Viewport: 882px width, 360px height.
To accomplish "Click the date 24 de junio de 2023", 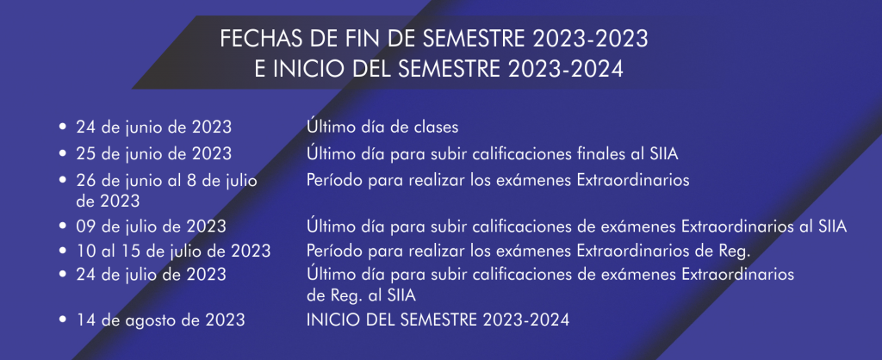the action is click(153, 127).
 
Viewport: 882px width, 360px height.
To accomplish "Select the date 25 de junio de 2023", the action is click(153, 153).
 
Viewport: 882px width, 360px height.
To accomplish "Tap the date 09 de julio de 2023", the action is click(152, 227).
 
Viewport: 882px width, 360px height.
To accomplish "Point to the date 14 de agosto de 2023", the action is click(161, 320).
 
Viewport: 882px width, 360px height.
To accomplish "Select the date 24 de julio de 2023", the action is click(152, 275).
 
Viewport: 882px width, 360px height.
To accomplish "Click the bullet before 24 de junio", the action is click(63, 127).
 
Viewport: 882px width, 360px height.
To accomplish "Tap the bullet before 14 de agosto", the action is click(63, 320).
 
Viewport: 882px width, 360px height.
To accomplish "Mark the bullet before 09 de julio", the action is click(63, 227).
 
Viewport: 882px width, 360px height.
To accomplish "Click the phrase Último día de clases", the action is click(382, 127).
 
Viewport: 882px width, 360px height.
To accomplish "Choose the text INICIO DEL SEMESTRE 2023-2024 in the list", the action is click(438, 320).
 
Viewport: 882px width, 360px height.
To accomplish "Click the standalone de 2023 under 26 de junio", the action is click(108, 201).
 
